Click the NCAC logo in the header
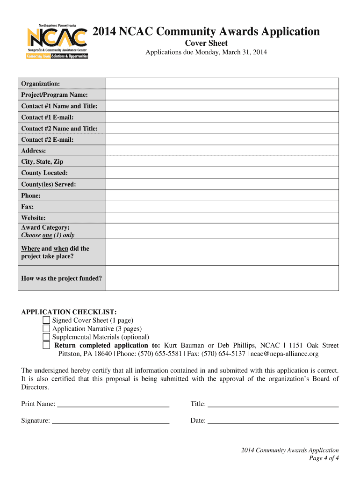tap(57, 41)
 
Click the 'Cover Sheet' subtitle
tap(206, 43)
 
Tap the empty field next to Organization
tap(222, 83)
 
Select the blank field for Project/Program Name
tap(222, 94)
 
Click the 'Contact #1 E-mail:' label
tap(47, 117)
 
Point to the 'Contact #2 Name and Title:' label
tap(59, 129)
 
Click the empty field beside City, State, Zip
tap(222, 162)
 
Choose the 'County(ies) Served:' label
tap(48, 184)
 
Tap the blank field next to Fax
tap(222, 207)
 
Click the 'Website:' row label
tap(33, 218)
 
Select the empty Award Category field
tap(222, 231)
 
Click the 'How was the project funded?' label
tap(61, 278)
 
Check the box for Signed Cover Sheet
tap(46, 320)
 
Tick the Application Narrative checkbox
tap(46, 329)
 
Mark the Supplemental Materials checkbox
tap(46, 337)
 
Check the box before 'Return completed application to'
tap(46, 345)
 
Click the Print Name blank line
tap(113, 404)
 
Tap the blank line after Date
tap(273, 421)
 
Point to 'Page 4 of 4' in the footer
tap(324, 458)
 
